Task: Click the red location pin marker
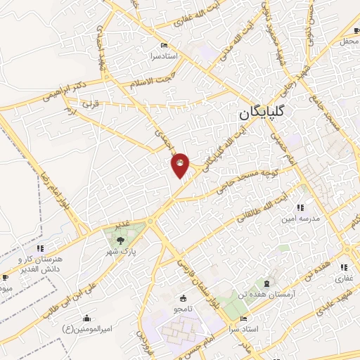point(181,165)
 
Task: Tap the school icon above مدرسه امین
point(301,207)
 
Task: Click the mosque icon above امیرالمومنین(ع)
point(86,317)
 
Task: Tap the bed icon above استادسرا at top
point(163,44)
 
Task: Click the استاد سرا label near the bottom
point(245,329)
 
